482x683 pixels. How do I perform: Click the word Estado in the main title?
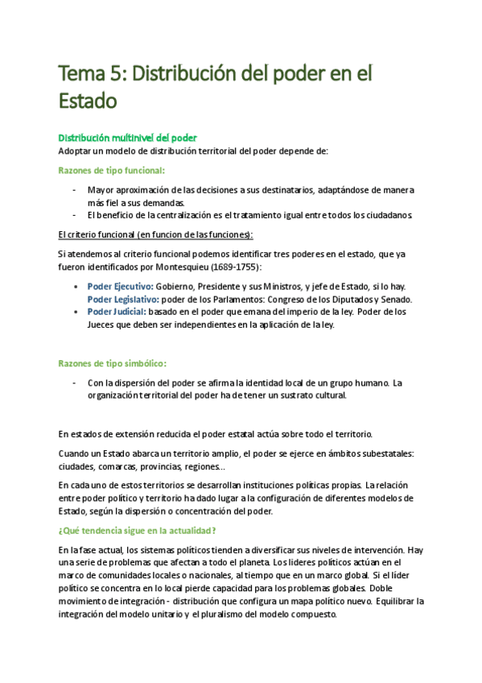88,101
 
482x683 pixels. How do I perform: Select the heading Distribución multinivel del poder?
128,138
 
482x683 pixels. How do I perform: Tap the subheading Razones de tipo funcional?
112,170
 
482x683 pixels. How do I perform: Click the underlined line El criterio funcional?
155,234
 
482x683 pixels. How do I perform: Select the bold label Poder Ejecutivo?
122,287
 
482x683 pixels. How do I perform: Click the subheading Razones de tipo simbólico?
113,363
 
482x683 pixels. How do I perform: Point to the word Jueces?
103,325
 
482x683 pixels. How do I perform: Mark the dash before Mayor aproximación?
75,190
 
